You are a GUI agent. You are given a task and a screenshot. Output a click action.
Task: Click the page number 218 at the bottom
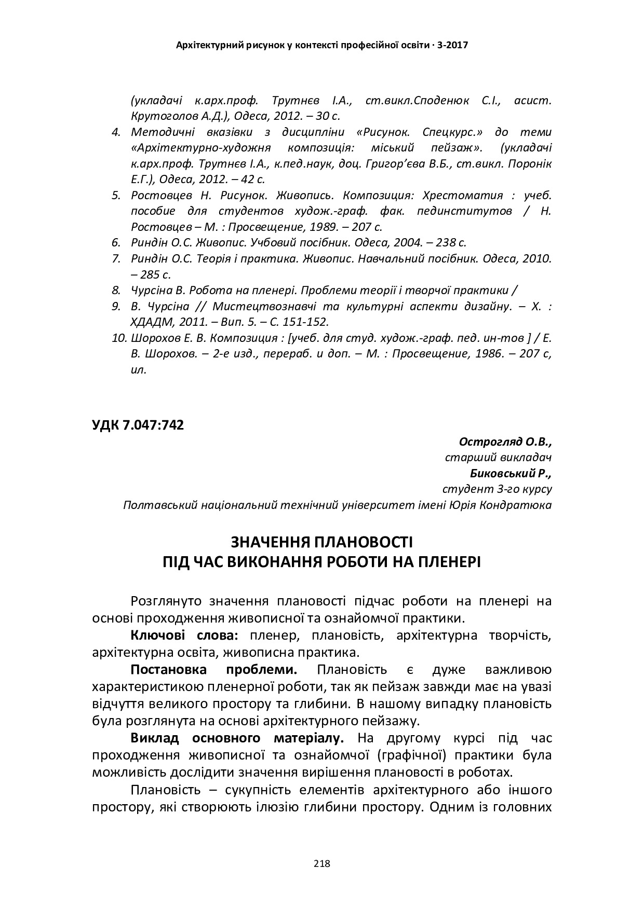click(322, 864)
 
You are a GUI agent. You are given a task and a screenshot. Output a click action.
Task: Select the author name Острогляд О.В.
click(505, 442)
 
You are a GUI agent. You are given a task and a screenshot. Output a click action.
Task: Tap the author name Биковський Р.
click(511, 473)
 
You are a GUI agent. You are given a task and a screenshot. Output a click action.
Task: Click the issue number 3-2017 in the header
click(453, 45)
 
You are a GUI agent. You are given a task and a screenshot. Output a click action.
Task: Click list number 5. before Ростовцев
click(116, 196)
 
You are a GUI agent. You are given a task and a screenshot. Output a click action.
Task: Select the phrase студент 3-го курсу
click(497, 489)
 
